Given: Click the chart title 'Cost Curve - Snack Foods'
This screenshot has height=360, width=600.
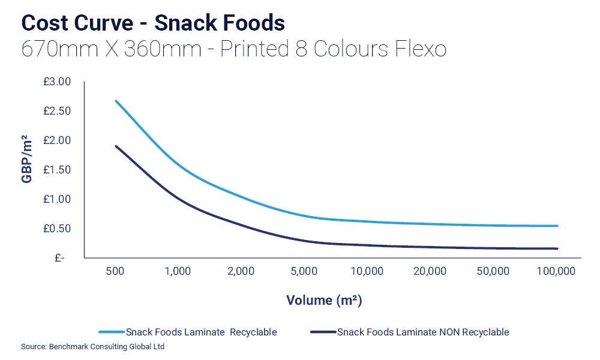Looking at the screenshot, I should (x=152, y=23).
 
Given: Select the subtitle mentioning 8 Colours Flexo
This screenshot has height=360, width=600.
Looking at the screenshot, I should (x=233, y=49).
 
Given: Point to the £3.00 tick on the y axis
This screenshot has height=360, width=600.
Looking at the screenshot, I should (x=57, y=82).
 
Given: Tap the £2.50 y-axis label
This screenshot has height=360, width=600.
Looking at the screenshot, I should (x=57, y=111).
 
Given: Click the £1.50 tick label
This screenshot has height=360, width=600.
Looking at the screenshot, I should (x=57, y=170).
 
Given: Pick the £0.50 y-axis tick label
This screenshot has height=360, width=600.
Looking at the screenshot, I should (x=57, y=229).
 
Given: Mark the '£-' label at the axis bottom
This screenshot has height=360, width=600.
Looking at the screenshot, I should (x=59, y=258).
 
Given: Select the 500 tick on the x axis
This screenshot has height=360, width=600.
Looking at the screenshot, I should (x=115, y=271).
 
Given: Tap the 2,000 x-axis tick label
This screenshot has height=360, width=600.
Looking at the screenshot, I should (x=241, y=271).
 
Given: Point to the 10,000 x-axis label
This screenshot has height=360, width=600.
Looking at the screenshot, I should (x=367, y=271).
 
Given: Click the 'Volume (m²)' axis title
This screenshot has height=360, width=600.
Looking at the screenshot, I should (x=324, y=299).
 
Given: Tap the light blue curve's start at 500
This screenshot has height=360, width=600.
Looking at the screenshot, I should (x=116, y=101).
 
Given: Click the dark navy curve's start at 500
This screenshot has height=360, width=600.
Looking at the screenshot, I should (x=116, y=146).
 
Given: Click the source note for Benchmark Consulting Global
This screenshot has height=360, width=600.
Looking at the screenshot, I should (x=92, y=347).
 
